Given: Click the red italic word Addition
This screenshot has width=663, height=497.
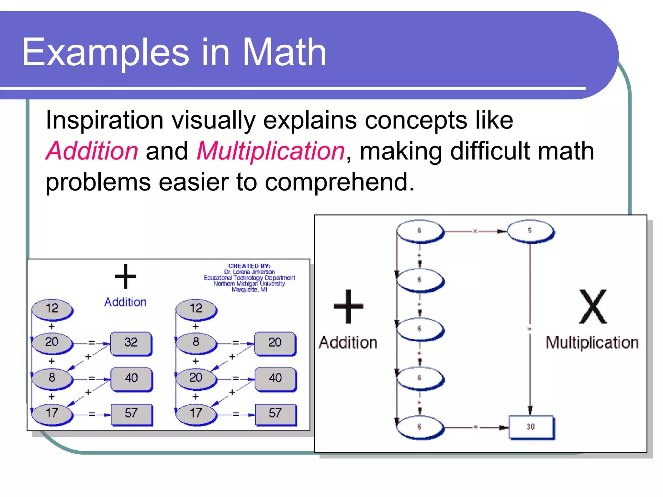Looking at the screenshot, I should pyautogui.click(x=92, y=151).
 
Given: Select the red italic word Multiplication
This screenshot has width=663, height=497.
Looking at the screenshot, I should pyautogui.click(x=271, y=151).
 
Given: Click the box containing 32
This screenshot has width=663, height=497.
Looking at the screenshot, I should pyautogui.click(x=131, y=343).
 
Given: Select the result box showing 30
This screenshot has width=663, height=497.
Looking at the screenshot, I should pyautogui.click(x=531, y=427).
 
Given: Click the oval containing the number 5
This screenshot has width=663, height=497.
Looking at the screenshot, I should pyautogui.click(x=530, y=231).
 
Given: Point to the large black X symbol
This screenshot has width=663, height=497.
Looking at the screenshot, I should pyautogui.click(x=592, y=307).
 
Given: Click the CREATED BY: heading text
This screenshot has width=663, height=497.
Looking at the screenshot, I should pyautogui.click(x=249, y=266).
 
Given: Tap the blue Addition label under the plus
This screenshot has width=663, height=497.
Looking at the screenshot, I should pyautogui.click(x=125, y=302).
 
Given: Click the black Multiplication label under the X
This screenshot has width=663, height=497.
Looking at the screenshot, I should pyautogui.click(x=592, y=342).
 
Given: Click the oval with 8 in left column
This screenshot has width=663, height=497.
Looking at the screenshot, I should pyautogui.click(x=52, y=378).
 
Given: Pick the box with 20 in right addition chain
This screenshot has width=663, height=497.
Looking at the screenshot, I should pyautogui.click(x=275, y=343).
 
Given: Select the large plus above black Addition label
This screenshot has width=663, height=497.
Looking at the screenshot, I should pyautogui.click(x=348, y=306).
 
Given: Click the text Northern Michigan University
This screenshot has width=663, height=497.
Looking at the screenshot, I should pyautogui.click(x=249, y=284).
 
